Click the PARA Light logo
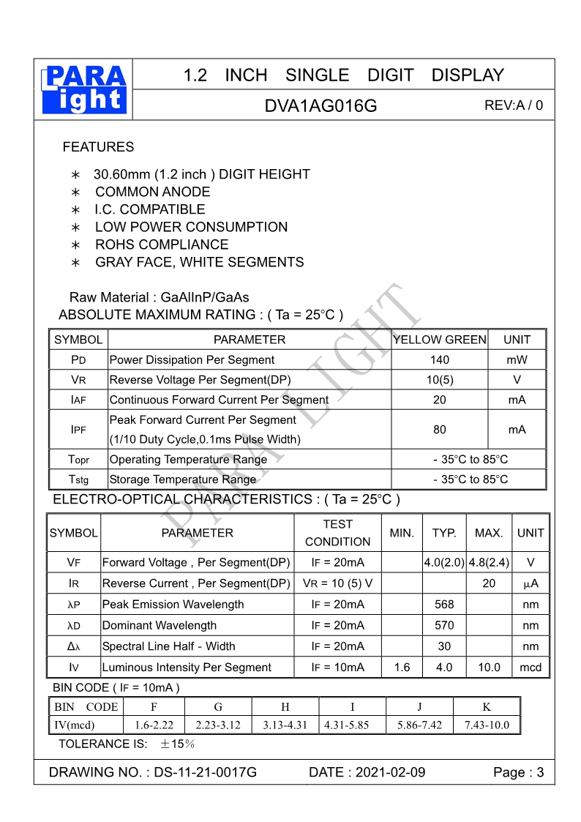(x=85, y=89)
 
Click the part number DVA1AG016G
(x=321, y=106)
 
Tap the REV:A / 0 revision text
(x=514, y=105)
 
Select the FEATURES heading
(x=98, y=147)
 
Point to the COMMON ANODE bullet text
(x=152, y=192)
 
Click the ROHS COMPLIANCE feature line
(x=162, y=244)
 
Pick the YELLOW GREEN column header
(x=440, y=340)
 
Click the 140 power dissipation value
(x=440, y=360)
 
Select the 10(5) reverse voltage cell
(x=440, y=380)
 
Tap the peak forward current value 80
(x=440, y=430)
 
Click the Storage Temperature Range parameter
(x=182, y=479)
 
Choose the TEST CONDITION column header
(x=337, y=533)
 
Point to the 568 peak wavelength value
(x=444, y=605)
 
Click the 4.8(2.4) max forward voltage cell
(x=489, y=563)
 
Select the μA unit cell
(x=531, y=583)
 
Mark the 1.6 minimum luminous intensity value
(x=402, y=668)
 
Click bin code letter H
(x=285, y=707)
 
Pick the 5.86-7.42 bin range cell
(x=419, y=726)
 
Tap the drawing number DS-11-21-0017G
(x=206, y=773)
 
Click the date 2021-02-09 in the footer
(x=390, y=773)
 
